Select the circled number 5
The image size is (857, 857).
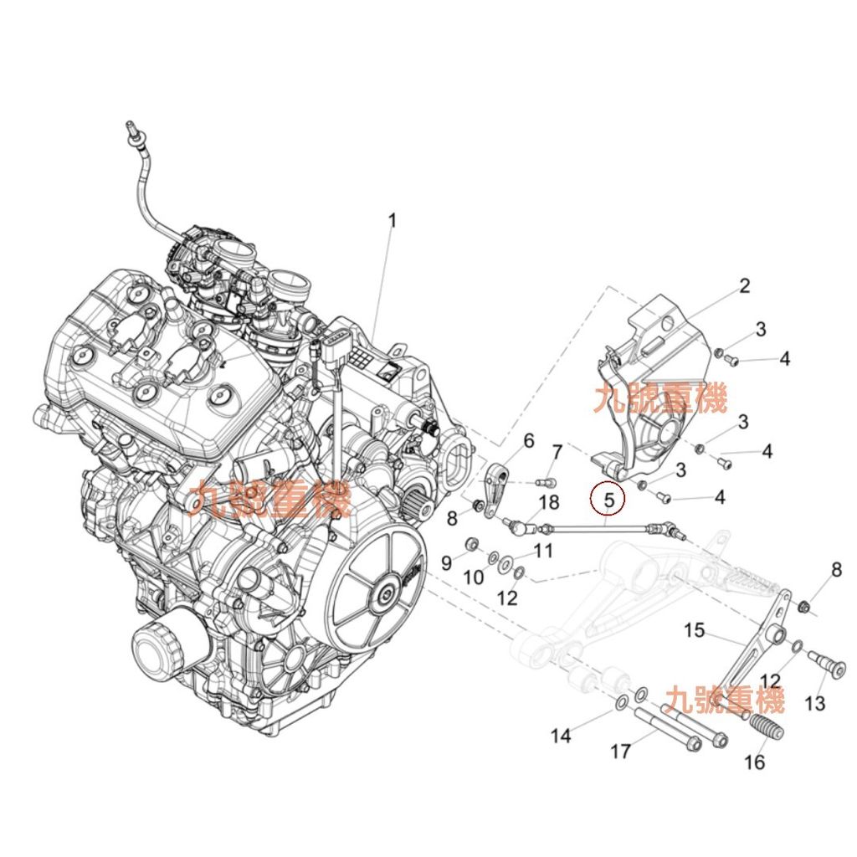click(x=608, y=500)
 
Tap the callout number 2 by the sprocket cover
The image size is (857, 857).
click(x=743, y=287)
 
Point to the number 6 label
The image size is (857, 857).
click(x=528, y=441)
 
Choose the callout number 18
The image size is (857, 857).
click(x=548, y=502)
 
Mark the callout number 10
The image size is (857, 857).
click(x=474, y=577)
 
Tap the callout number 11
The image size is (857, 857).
click(x=544, y=551)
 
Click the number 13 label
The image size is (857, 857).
click(x=814, y=703)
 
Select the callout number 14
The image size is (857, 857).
click(x=561, y=736)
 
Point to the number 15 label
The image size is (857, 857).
click(x=695, y=629)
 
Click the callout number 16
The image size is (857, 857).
click(x=754, y=762)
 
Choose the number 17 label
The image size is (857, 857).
click(x=620, y=752)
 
